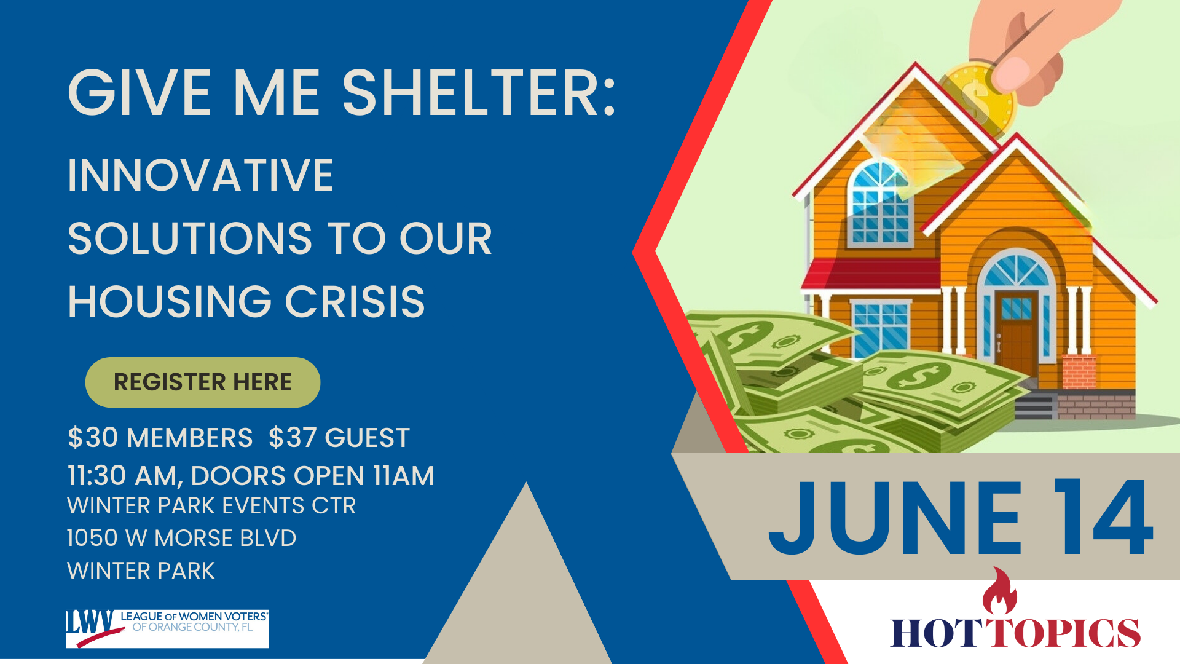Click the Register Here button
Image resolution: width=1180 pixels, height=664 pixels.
(x=203, y=382)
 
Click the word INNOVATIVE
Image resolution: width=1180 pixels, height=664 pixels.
(x=200, y=175)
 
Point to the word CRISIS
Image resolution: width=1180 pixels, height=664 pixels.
(x=355, y=302)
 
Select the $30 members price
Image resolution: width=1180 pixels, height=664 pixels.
(x=160, y=438)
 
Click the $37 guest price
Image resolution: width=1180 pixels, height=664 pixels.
(x=339, y=438)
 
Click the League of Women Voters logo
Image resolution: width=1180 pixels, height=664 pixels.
(x=167, y=628)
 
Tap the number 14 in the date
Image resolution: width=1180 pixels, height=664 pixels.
(x=1103, y=517)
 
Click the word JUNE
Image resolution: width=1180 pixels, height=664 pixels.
(x=895, y=518)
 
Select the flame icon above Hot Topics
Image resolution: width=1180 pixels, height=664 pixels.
(x=999, y=591)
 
